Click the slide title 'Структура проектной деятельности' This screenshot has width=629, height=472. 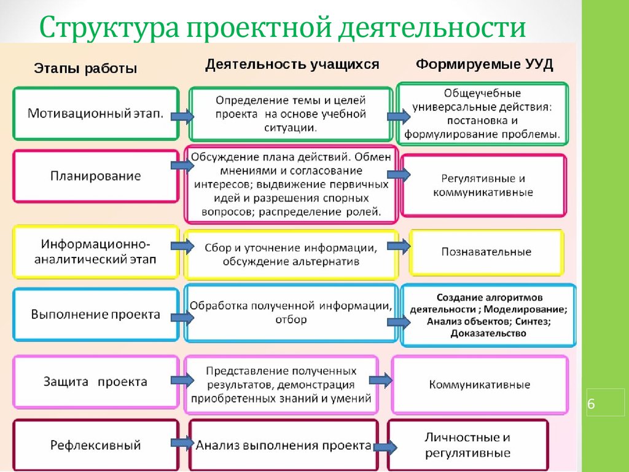(283, 28)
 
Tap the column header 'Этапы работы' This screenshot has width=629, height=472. (85, 69)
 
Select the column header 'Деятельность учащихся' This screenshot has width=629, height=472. (292, 64)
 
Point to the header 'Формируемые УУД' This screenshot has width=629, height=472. (485, 65)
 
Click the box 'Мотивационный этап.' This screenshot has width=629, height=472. (96, 114)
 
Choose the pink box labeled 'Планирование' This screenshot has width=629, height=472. (96, 176)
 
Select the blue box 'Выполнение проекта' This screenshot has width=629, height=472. (96, 315)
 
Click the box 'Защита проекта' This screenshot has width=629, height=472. (96, 382)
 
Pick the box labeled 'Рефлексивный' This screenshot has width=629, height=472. (96, 445)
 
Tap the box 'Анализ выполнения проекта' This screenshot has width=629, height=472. (284, 445)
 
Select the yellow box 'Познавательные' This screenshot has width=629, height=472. (486, 252)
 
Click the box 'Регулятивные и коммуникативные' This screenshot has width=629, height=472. (483, 185)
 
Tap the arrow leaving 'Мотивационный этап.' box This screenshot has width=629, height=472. (182, 116)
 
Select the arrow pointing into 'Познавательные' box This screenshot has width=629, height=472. (398, 246)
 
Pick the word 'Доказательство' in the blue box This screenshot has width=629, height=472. (488, 333)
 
